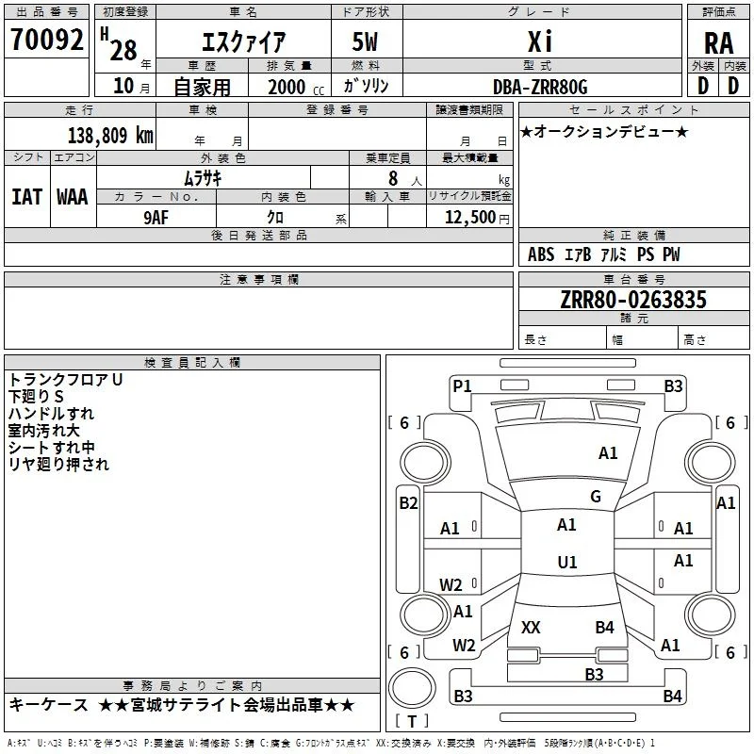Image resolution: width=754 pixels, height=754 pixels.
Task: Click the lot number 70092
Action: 46,40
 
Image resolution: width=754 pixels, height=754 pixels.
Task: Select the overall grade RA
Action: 718,43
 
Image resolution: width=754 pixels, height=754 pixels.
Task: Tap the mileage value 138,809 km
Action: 110,136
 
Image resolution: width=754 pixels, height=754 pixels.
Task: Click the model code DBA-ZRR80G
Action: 540,87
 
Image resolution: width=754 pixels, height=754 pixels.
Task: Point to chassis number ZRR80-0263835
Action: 633,300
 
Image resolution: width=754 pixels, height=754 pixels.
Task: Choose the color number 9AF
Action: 156,218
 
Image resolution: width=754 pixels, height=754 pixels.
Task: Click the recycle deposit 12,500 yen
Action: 477,218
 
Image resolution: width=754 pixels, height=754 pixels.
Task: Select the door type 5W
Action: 365,41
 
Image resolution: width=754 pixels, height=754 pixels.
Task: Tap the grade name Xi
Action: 540,41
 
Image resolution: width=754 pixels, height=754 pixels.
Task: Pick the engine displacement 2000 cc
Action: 296,88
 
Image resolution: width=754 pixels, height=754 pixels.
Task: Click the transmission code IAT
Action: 27,197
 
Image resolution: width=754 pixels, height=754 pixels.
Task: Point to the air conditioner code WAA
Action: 73,197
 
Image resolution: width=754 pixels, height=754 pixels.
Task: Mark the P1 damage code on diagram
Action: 462,386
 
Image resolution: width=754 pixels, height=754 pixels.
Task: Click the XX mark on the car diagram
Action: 531,627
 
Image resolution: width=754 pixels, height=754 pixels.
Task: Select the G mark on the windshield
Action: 596,497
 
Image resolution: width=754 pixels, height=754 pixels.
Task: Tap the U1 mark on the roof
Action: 567,562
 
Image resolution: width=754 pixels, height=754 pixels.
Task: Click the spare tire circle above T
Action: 412,688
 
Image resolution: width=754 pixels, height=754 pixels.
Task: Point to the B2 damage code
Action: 408,503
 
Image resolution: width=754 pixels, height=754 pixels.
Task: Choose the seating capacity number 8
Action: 393,178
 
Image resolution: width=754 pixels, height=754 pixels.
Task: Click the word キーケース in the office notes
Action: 49,704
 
